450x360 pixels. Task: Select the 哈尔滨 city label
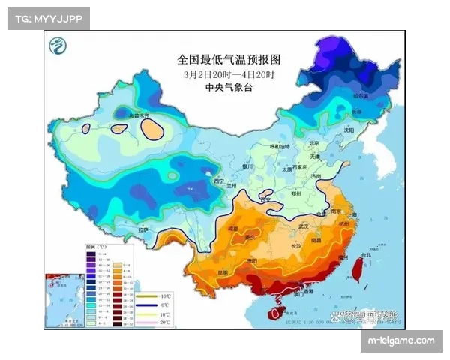(361, 96)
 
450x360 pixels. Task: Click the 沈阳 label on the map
(347, 129)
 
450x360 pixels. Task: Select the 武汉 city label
(303, 225)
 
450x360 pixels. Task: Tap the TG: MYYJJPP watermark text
(47, 18)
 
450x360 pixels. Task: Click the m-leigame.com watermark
(401, 341)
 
